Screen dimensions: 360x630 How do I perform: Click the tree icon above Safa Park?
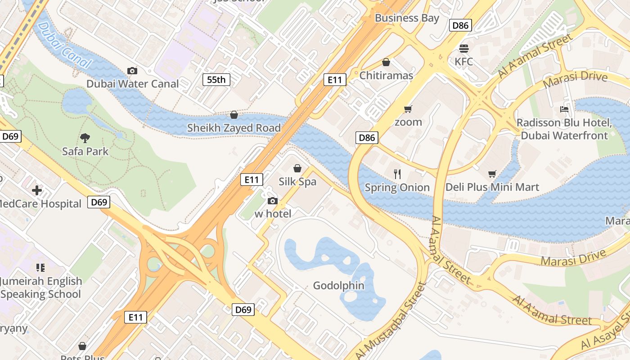pos(85,138)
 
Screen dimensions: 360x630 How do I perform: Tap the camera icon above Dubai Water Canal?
pos(132,71)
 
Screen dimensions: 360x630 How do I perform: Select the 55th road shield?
pos(216,80)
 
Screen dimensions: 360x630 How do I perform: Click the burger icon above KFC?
pos(464,48)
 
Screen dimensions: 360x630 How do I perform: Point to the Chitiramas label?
pos(386,75)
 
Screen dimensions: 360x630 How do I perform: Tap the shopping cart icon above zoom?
pos(408,108)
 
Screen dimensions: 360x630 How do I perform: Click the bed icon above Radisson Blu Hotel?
pos(564,109)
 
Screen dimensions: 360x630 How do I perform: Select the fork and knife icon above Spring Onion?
pos(397,174)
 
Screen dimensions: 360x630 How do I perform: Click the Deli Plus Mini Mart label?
pos(492,187)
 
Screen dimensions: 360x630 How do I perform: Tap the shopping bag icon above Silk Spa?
pos(297,168)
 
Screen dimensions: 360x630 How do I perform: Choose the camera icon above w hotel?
pos(273,201)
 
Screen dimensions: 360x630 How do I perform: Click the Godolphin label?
pos(338,285)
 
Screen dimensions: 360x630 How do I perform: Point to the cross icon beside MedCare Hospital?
pos(37,190)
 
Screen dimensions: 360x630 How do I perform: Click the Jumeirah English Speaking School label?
pos(41,288)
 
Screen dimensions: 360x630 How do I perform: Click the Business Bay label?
pos(407,18)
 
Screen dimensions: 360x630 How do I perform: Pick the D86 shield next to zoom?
pos(367,138)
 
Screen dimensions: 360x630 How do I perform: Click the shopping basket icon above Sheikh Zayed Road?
pos(234,115)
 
